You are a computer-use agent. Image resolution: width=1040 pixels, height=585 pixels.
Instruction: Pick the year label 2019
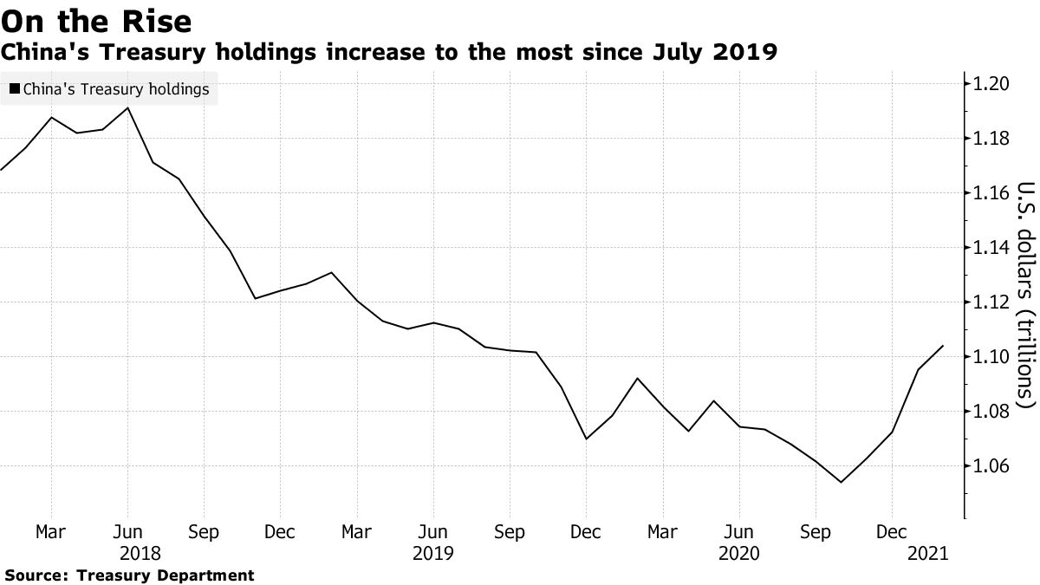coord(432,552)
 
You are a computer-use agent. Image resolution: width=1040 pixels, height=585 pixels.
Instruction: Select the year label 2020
coord(738,552)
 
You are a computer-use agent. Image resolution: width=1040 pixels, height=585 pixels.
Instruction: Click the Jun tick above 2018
coord(128,532)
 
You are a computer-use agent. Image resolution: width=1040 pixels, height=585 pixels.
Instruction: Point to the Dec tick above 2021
coord(892,532)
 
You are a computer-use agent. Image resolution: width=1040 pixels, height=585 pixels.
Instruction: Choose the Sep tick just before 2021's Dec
coord(816,532)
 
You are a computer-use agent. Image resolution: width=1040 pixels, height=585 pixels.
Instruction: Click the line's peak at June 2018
coord(128,108)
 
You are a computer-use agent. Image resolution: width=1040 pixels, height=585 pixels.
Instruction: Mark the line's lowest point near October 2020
coord(841,483)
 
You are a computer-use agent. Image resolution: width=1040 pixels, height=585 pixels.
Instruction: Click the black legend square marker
coord(14,89)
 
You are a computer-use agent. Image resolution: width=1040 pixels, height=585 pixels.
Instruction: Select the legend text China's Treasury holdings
coord(116,89)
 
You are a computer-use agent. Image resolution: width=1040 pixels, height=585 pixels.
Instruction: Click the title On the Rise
coord(97,19)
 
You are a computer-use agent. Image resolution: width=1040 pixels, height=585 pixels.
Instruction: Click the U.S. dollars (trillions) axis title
coord(1025,295)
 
